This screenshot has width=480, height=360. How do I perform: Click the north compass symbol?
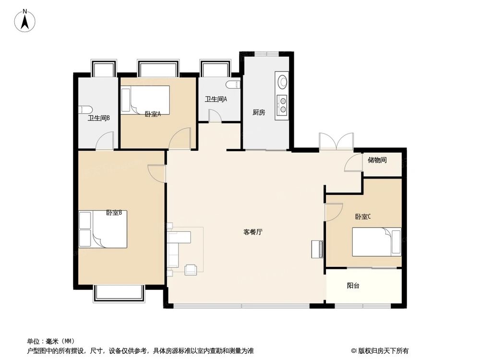(25, 20)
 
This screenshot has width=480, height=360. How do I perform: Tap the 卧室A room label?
(152, 114)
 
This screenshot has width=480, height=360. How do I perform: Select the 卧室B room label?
(114, 213)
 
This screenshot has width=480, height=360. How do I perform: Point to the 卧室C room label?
(363, 217)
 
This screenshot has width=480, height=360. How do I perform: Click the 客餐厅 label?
(253, 232)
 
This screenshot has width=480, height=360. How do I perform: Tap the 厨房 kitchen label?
(259, 113)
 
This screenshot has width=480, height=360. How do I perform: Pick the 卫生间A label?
(216, 99)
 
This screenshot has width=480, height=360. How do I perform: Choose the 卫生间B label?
(99, 118)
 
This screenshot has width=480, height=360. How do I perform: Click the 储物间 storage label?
(377, 160)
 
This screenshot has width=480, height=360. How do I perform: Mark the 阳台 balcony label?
(353, 286)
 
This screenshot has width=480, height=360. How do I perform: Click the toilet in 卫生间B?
(84, 109)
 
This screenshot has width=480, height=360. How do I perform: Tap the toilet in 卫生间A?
(233, 85)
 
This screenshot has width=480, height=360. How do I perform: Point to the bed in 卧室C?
(377, 242)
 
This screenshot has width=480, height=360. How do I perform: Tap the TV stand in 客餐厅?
(317, 248)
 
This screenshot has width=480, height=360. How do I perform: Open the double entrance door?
(336, 143)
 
